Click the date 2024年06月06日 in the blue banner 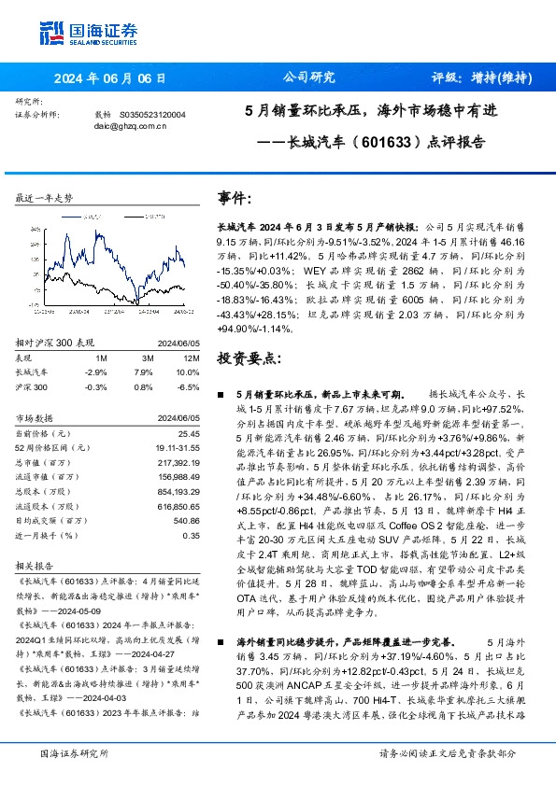(x=109, y=78)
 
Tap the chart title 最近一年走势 (x=44, y=200)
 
